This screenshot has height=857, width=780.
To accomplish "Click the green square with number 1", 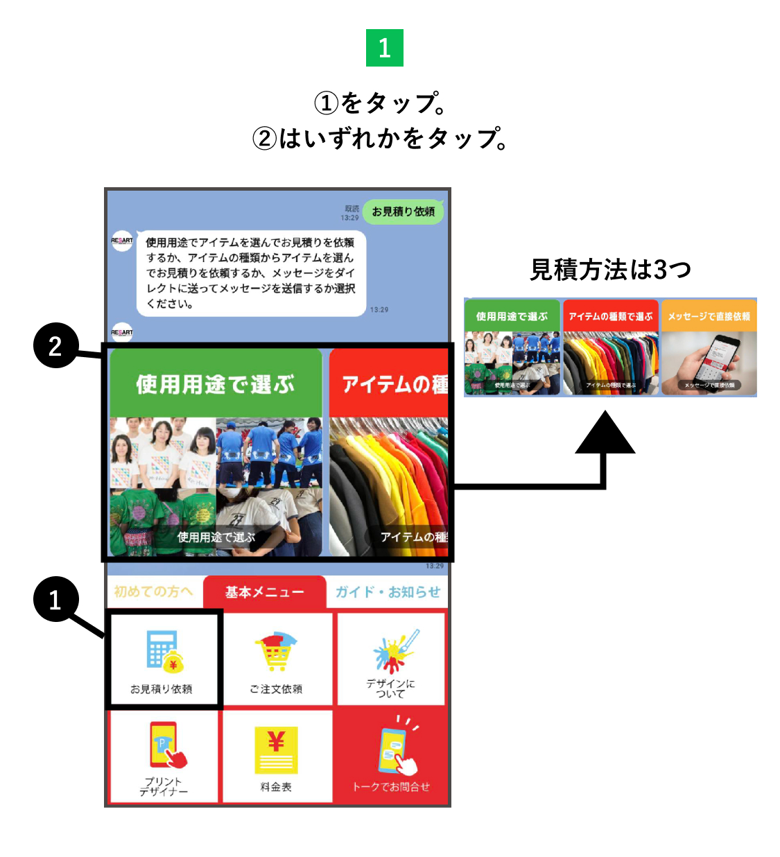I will [385, 48].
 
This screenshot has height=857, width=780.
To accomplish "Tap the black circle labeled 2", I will [55, 345].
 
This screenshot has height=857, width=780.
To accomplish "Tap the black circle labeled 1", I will [55, 599].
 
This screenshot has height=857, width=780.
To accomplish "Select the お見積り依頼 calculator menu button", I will [163, 659].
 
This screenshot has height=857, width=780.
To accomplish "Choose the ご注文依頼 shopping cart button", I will [277, 659].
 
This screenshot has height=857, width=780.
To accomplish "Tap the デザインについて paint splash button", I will [391, 659].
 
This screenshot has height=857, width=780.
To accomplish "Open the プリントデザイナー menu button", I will [164, 756].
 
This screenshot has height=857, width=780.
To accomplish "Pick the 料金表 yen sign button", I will [277, 756].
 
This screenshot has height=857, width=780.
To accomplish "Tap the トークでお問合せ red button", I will [391, 756].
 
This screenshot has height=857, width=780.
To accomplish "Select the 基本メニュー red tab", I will [264, 592].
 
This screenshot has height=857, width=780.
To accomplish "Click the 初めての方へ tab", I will [153, 591].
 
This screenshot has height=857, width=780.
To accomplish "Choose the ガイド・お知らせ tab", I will [388, 592].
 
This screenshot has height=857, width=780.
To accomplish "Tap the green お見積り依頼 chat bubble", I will [403, 211].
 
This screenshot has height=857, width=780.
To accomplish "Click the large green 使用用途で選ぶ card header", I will [216, 383].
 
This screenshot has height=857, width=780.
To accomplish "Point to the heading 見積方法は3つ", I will [610, 270].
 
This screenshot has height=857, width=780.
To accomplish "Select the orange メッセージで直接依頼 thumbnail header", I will [709, 316].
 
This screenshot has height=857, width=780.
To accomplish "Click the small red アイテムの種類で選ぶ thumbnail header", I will [610, 316].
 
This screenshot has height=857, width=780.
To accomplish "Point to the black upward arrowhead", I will [605, 434].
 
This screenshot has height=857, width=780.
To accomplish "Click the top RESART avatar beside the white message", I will [122, 241].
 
